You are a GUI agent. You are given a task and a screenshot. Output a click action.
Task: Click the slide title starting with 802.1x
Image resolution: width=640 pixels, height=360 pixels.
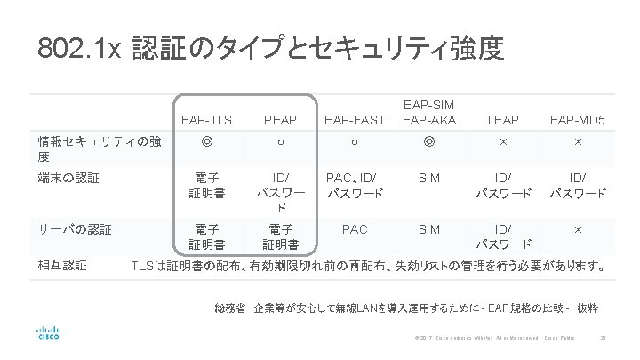point(270,48)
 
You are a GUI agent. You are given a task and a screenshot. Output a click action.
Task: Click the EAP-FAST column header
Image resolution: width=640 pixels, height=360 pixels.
point(355,118)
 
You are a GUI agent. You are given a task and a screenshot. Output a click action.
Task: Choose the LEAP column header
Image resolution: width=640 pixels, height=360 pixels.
point(503,118)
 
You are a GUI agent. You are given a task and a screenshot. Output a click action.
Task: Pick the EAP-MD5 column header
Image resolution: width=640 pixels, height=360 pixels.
point(578,118)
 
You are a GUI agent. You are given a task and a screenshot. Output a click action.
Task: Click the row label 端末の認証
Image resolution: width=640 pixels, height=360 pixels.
point(68,177)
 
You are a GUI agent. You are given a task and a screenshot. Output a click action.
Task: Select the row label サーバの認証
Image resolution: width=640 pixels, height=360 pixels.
point(75,228)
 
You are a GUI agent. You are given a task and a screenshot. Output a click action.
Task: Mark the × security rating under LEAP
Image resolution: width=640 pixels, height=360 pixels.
point(503,141)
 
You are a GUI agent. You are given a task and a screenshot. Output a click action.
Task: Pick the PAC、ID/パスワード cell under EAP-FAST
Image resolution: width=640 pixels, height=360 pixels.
point(355,185)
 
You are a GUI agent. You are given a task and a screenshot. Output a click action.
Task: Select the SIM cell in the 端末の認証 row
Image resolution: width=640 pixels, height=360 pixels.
point(429,178)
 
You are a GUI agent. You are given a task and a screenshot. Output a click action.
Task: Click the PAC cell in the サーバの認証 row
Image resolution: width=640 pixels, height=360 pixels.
point(355,229)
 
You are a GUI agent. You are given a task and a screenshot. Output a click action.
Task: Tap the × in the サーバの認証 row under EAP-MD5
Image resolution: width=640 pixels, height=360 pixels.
point(578,229)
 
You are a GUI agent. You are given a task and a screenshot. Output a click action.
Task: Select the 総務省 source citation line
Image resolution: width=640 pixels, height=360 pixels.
point(405,308)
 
